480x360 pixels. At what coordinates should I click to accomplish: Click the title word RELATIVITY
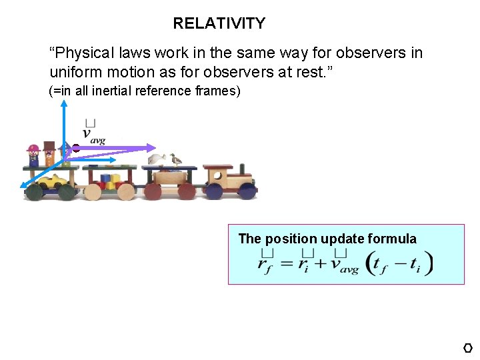coord(219,24)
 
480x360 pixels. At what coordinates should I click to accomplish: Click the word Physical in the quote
coord(85,53)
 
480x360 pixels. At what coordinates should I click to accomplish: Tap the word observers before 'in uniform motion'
coord(369,53)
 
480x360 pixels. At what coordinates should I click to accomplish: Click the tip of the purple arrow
coord(155,148)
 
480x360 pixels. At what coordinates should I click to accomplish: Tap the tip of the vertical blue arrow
coord(64,102)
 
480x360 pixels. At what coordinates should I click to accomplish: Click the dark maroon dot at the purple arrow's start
coord(76,148)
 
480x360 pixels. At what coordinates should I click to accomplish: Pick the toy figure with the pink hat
coord(33,155)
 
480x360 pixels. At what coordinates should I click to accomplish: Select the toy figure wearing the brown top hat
coord(49,153)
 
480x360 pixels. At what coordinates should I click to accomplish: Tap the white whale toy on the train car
coord(158,159)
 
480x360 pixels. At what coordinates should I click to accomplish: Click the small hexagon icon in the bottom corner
coord(468,348)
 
